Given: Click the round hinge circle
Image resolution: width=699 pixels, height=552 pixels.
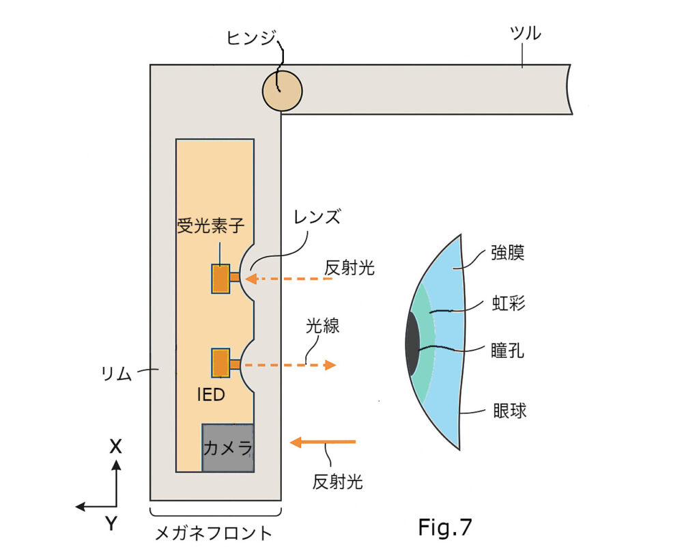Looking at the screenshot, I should (282, 89).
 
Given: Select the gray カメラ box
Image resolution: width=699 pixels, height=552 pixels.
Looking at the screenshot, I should (228, 447).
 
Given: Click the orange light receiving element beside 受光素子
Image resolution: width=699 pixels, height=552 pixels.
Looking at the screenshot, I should (220, 279).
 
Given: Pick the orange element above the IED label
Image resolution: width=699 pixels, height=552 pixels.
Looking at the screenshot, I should (220, 363).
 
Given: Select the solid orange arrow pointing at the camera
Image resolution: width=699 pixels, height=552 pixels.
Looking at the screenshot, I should (323, 443).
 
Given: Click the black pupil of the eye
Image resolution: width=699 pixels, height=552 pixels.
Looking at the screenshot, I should (412, 345).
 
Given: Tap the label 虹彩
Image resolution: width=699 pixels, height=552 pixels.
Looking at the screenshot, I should (508, 303).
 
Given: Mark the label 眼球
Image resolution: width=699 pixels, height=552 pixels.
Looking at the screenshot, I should (509, 411).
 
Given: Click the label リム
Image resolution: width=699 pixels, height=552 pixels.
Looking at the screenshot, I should (115, 374).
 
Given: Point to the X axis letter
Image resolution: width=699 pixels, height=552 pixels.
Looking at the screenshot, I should (116, 446).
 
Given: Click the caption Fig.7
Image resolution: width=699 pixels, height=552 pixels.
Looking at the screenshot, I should (444, 526).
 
